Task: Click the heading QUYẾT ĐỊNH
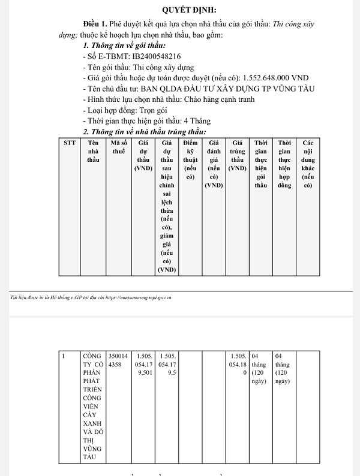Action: coord(190,10)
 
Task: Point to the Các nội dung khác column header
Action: coord(308,164)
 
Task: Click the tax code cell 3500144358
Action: coord(118,359)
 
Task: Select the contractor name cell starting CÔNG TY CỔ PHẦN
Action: coord(93,406)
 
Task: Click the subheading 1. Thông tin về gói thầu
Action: coord(124,46)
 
